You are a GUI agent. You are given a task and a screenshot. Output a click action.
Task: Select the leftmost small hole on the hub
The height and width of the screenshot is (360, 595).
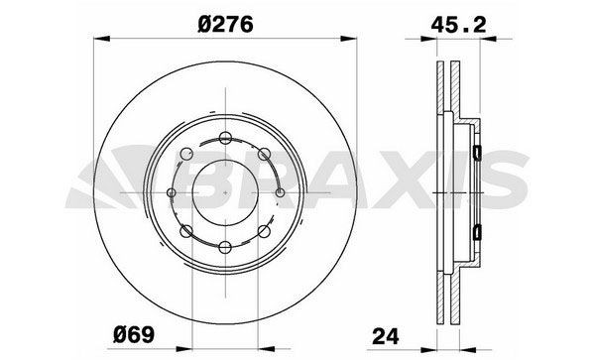[173, 191]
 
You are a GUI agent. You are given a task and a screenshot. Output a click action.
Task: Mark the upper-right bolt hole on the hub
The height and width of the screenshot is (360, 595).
[264, 153]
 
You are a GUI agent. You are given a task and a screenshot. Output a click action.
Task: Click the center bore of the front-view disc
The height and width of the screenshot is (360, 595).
[226, 191]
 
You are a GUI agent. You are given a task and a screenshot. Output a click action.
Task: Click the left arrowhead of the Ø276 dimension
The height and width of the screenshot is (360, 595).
[98, 41]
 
